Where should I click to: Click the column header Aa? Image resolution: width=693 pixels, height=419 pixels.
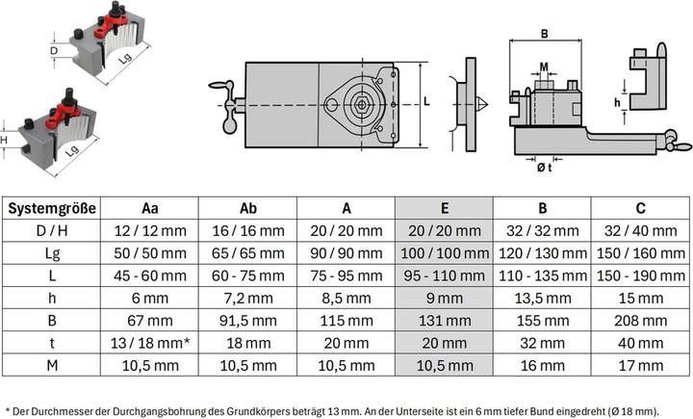click(149, 208)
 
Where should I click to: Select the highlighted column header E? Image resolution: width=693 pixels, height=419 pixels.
click(444, 208)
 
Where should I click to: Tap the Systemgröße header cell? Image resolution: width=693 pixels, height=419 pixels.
click(52, 208)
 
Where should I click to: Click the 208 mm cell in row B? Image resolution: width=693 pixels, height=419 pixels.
click(640, 320)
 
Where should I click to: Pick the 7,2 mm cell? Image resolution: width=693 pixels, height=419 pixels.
click(247, 297)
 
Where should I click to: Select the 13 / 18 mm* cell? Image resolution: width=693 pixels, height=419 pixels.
click(149, 342)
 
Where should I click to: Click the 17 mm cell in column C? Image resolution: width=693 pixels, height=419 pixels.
click(640, 364)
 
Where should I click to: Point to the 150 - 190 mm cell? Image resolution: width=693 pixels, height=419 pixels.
click(640, 275)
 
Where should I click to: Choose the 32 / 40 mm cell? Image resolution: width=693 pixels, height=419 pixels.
click(640, 230)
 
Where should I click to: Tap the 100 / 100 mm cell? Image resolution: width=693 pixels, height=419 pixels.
click(444, 252)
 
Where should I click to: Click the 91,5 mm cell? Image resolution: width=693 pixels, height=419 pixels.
click(247, 320)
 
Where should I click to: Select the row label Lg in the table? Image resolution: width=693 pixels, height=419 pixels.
click(52, 252)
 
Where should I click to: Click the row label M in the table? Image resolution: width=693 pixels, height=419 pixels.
click(52, 364)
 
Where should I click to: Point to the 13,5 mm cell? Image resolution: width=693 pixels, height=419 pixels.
click(542, 297)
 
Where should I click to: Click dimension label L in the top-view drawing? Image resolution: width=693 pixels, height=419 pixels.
click(427, 100)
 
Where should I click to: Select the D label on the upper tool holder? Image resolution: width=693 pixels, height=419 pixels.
click(54, 49)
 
